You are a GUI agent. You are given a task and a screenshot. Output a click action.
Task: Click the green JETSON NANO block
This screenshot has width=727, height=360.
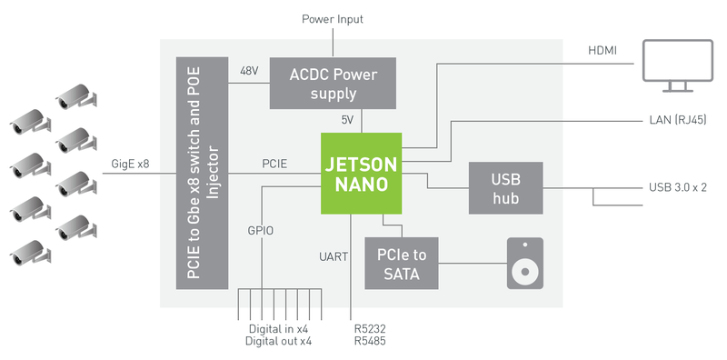coord(361,174)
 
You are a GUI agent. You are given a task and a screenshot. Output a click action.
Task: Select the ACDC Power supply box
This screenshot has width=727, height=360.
coord(333,83)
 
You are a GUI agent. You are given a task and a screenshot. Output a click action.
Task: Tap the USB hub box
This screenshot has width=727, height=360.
coord(506,188)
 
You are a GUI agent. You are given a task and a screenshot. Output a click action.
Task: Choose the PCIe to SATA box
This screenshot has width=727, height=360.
coord(402,264)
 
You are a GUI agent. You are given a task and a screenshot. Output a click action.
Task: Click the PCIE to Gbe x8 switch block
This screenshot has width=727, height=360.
coord(202,173)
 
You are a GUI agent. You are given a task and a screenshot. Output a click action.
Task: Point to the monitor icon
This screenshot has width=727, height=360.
coord(677,65)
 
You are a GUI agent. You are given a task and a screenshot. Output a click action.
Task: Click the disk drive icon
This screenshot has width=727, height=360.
coord(525,264)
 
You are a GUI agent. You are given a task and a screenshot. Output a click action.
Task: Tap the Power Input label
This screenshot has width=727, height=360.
coord(333,19)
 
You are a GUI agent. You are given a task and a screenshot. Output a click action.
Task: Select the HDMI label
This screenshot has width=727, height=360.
coord(603,51)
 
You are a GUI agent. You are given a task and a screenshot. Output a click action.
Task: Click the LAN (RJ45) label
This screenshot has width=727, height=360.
coord(678,120)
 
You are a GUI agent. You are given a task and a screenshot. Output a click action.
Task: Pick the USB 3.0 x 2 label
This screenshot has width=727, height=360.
coord(678,188)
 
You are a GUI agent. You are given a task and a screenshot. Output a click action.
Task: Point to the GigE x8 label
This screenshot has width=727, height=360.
coord(130,164)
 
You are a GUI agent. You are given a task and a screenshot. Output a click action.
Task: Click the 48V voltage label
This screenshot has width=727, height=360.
coord(250,72)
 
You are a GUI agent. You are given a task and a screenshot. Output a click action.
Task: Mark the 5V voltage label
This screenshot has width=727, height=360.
coord(347,120)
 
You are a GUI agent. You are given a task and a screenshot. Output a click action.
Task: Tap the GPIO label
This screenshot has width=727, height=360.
coord(261,231)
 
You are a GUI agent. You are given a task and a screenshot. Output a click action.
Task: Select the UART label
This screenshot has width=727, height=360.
coord(334,256)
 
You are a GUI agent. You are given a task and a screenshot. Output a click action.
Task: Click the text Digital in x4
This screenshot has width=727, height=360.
coord(278,329)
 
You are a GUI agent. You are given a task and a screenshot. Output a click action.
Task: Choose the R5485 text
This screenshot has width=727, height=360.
coord(370,341)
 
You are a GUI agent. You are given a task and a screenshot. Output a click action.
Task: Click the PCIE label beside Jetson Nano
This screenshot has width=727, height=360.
coord(274,164)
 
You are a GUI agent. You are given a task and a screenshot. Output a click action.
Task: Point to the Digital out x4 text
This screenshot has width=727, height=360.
coord(278,341)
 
